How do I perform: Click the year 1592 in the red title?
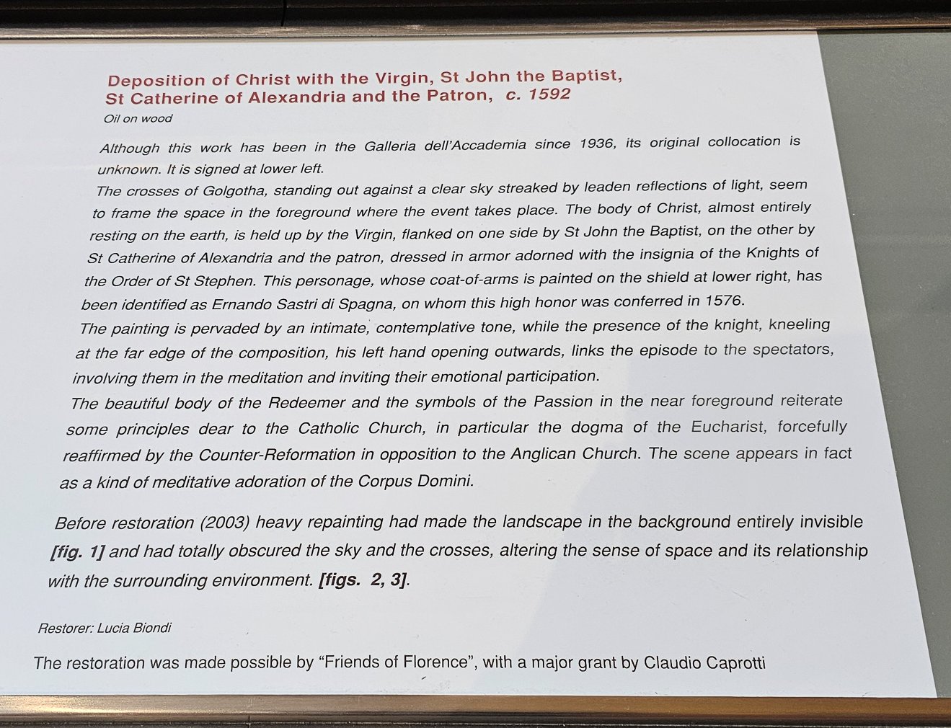tap(549, 94)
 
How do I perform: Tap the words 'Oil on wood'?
tap(138, 119)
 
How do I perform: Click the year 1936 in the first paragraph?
tap(598, 143)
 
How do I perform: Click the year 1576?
tap(723, 300)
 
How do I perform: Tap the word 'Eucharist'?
tap(730, 427)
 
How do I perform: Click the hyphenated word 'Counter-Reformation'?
tap(276, 455)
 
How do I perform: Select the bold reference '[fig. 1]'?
tap(77, 552)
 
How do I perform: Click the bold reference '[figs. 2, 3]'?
tap(363, 580)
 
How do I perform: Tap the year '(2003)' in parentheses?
tap(224, 523)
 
